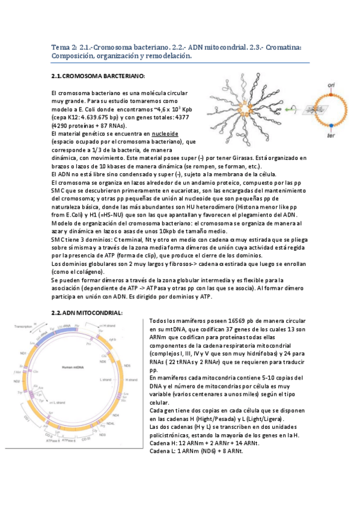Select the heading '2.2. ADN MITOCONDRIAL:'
88,313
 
